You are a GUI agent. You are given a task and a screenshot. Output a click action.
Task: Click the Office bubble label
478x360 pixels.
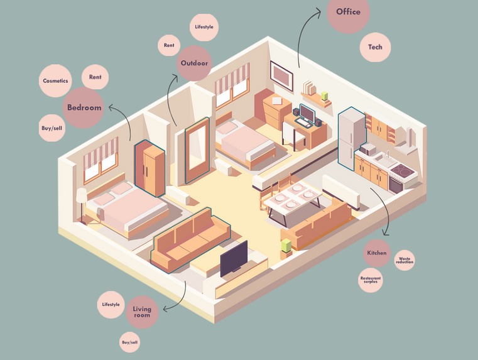[x=348, y=12]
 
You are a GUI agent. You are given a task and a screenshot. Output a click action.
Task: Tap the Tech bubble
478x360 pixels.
[x=375, y=47]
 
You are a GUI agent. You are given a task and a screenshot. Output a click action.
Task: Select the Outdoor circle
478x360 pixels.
[x=194, y=63]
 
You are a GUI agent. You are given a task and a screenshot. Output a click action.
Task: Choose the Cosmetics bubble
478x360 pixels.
[x=55, y=81]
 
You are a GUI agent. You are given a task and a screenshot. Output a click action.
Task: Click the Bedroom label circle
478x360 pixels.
[x=84, y=107]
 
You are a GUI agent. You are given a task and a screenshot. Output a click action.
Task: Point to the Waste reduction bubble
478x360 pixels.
[x=405, y=260]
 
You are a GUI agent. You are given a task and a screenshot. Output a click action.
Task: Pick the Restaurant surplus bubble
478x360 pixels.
[x=371, y=280]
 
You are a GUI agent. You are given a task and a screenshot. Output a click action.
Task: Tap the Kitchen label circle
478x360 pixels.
[x=377, y=253]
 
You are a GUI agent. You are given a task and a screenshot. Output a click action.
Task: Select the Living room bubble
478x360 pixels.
[x=142, y=312]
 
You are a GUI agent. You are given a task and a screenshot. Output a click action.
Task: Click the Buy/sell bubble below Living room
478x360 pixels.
[x=129, y=342]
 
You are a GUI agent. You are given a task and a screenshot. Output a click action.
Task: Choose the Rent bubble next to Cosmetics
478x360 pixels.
[x=95, y=77]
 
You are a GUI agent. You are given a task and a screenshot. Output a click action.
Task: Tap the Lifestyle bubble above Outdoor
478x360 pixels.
[x=204, y=27]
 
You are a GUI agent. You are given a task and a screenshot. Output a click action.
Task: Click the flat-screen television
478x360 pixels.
[x=234, y=259]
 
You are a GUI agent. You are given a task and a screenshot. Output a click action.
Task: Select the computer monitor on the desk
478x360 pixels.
[x=307, y=113]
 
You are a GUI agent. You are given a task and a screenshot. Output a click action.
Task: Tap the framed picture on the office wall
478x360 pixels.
[x=281, y=76]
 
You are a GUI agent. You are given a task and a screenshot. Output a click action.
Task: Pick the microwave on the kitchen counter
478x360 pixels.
[x=368, y=149]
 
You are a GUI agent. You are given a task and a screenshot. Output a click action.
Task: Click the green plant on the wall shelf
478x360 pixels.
[x=324, y=96]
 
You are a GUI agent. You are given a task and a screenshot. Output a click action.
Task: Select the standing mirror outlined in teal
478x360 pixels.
[x=197, y=150]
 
